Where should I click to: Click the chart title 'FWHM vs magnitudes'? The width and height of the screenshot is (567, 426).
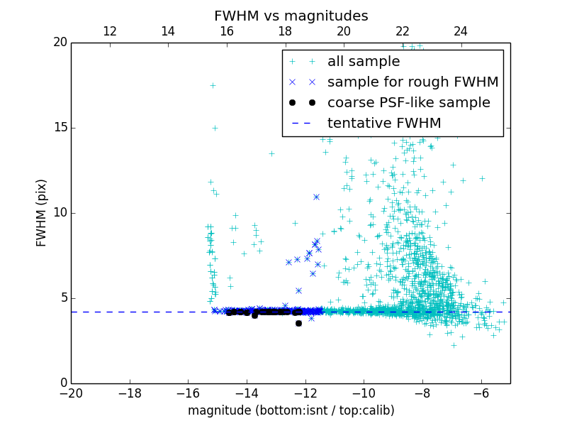[291, 16]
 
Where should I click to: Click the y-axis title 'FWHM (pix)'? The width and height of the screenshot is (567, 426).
[41, 212]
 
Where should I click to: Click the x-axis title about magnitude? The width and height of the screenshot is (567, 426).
[291, 410]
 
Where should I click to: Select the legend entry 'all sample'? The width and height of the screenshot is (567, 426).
[364, 62]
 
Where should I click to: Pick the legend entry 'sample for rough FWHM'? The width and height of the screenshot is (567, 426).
[412, 82]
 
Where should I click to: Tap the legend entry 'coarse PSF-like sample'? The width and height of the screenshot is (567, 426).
[408, 103]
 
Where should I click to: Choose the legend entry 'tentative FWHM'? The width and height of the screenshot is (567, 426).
[384, 123]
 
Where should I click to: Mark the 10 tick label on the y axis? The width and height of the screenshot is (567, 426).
[59, 213]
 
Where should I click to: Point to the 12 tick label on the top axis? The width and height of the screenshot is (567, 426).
[110, 31]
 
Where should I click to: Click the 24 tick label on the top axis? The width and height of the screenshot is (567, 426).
[461, 31]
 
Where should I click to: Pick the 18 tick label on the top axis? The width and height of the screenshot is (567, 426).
[285, 31]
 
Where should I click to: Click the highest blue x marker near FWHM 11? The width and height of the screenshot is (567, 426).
[316, 197]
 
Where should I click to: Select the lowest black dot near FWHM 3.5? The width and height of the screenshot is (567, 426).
[298, 323]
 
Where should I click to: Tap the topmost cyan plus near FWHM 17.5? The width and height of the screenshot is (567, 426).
[213, 85]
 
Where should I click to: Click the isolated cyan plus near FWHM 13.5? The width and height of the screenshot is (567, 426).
[271, 153]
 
